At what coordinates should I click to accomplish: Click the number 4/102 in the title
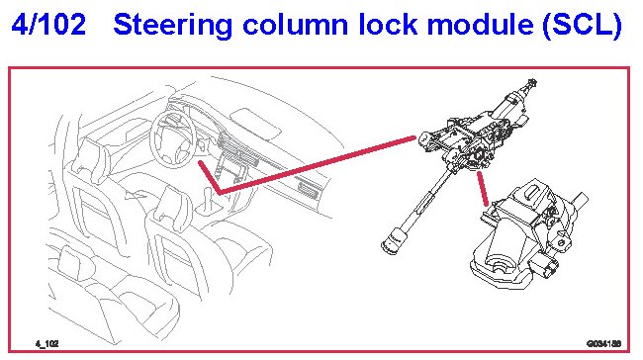[x=48, y=24]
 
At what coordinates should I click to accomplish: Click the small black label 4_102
[x=46, y=343]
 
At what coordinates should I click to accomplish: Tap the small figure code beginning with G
[x=603, y=343]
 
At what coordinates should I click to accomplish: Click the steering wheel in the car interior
[x=173, y=139]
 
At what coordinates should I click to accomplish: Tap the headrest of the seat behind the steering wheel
[x=91, y=158]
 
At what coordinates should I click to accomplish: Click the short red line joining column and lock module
[x=483, y=189]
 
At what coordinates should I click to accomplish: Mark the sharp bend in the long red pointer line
[x=219, y=192]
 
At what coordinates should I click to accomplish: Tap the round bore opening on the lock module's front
[x=499, y=264]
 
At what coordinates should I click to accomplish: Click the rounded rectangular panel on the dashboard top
[x=255, y=123]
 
